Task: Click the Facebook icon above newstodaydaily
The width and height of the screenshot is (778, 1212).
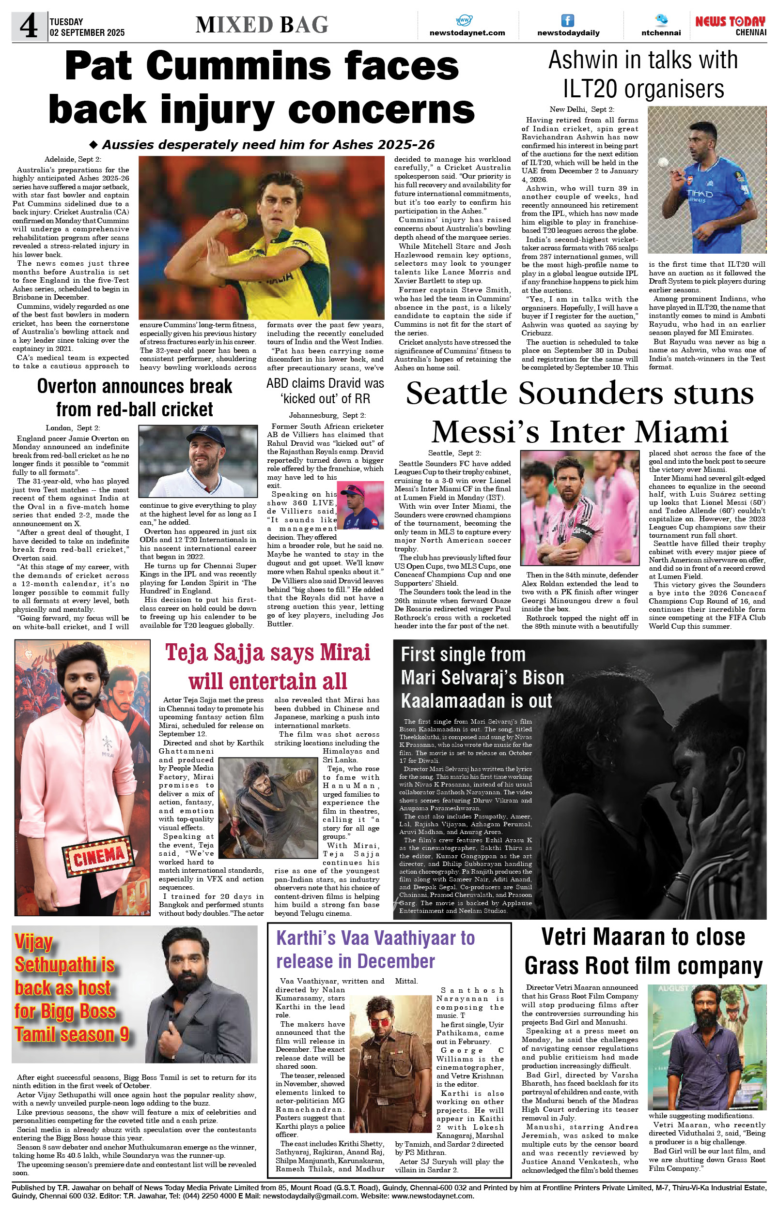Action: point(568,20)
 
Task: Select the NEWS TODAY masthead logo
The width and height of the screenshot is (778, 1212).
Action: point(730,22)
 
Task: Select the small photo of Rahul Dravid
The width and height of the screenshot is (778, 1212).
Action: point(360,505)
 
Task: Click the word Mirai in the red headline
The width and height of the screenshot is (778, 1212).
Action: point(342,653)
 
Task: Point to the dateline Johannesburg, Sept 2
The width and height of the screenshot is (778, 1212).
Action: point(327,415)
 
